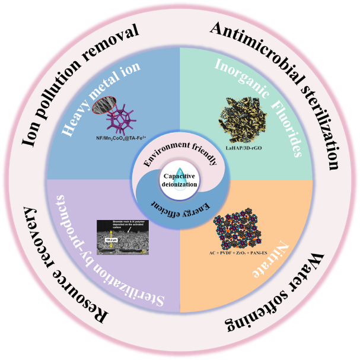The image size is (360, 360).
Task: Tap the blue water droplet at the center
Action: tap(180, 173)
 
